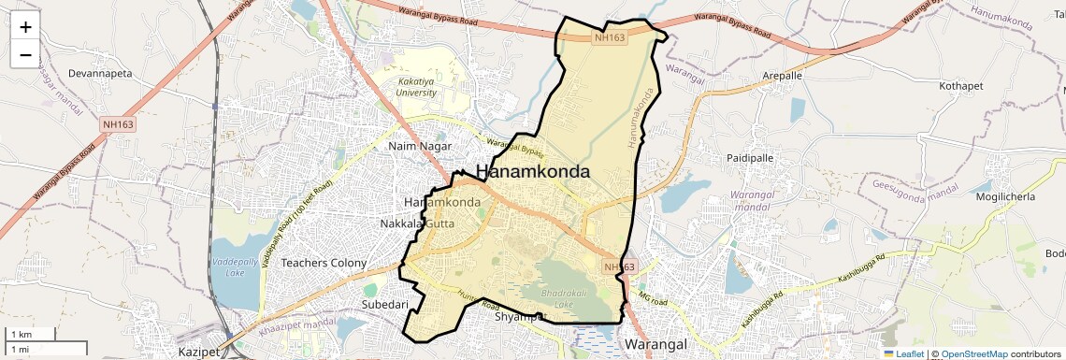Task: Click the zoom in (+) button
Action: pyautogui.click(x=25, y=28)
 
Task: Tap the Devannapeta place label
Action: pyautogui.click(x=100, y=73)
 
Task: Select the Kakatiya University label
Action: pyautogui.click(x=416, y=87)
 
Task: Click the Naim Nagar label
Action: pyautogui.click(x=420, y=146)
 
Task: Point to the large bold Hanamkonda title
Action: pyautogui.click(x=533, y=172)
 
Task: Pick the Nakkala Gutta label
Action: pyautogui.click(x=417, y=223)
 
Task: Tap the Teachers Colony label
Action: pyautogui.click(x=324, y=263)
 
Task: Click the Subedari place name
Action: pyautogui.click(x=385, y=305)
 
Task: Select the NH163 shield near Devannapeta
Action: pyautogui.click(x=119, y=122)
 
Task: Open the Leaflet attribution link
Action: pyautogui.click(x=903, y=353)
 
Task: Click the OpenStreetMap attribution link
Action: pyautogui.click(x=973, y=353)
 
